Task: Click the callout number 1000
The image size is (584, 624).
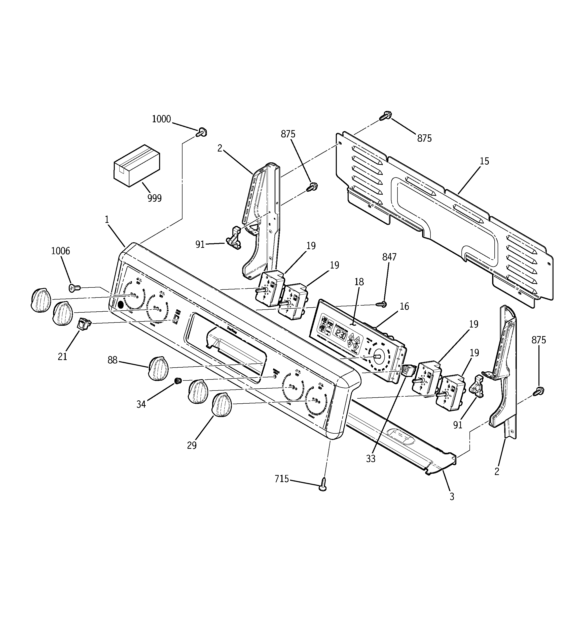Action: pos(161,119)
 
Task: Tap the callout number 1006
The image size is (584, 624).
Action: pos(60,251)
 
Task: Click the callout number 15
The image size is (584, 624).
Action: pos(484,161)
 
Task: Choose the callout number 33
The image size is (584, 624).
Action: pos(371,459)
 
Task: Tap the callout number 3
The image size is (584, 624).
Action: pos(452,497)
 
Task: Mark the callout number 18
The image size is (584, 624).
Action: pos(359,282)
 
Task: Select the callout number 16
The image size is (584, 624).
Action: pos(404,306)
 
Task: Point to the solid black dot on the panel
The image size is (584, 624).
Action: pos(121,304)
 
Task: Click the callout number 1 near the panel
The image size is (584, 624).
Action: pos(107,220)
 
